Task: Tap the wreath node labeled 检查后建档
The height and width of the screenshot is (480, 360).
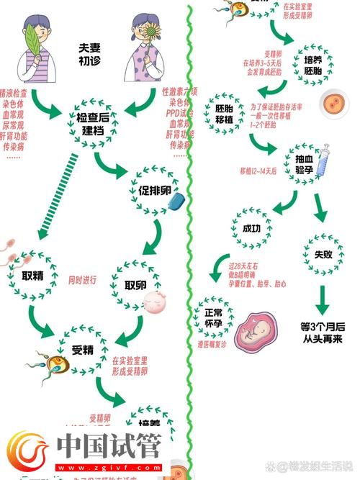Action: (x=94, y=122)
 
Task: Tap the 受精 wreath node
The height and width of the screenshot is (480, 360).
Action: (x=83, y=351)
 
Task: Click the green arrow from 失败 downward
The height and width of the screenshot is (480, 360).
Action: (x=323, y=297)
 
